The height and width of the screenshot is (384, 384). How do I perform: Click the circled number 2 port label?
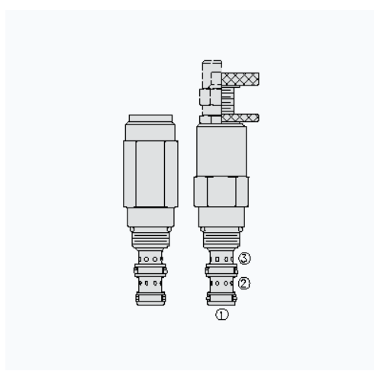[244, 282]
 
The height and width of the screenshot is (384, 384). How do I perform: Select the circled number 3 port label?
[244, 258]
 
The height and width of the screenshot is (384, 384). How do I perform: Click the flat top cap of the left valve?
[150, 118]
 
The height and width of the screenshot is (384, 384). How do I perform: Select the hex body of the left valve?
[150, 173]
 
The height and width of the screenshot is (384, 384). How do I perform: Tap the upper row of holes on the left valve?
[150, 259]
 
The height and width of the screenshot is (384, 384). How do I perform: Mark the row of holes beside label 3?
[221, 259]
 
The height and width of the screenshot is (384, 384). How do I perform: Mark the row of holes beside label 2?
[221, 282]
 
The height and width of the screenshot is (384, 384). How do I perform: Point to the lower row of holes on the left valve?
[150, 282]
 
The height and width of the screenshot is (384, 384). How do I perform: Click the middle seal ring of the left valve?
[150, 269]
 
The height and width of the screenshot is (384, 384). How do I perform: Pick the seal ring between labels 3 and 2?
[221, 269]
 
